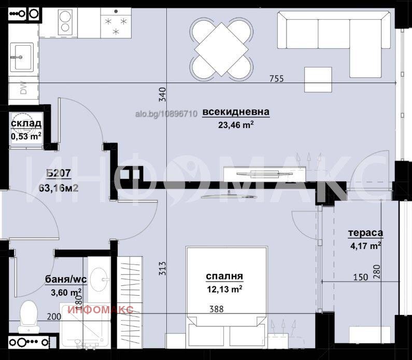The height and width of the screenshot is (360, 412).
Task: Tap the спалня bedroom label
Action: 224,276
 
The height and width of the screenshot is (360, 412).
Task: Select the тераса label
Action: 365,233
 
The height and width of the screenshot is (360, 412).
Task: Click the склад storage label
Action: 26,123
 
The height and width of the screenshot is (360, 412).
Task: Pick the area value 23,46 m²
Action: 236,124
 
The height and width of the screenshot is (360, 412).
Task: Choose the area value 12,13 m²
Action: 224,288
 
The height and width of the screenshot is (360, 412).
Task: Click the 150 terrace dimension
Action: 360,277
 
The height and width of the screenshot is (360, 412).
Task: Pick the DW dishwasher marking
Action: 24,89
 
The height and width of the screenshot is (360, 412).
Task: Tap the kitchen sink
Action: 22,56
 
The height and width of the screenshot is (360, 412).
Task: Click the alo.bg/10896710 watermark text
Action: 165,113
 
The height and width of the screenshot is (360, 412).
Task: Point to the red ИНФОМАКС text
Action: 101,310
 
